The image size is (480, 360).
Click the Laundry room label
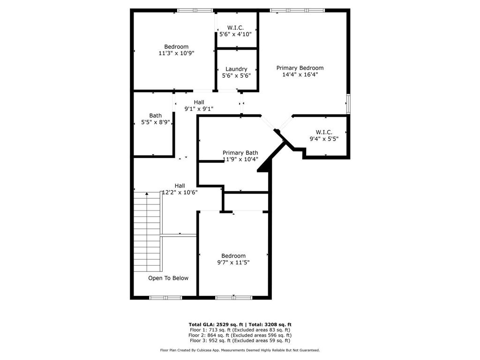click(236, 69)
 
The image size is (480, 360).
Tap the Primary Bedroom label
click(300, 68)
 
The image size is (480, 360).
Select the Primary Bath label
click(240, 153)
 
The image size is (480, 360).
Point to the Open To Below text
click(168, 278)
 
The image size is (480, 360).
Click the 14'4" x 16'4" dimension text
click(300, 75)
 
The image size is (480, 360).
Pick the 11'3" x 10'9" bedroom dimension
click(176, 53)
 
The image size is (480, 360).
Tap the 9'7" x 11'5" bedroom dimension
click(233, 262)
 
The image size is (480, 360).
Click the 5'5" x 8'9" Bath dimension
click(156, 122)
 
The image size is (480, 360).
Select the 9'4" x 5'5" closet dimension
click(324, 139)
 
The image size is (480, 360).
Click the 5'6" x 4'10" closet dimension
click(235, 34)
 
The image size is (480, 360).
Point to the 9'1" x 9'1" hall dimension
click(199, 109)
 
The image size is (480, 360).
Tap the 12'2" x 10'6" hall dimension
click(180, 192)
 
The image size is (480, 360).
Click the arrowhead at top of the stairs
click(147, 194)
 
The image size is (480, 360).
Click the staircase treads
click(147, 232)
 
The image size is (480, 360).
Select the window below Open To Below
click(165, 298)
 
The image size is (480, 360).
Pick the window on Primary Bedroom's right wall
click(348, 104)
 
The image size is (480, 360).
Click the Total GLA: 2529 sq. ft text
click(216, 324)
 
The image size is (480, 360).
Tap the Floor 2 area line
click(240, 335)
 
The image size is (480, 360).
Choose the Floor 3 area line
click(240, 340)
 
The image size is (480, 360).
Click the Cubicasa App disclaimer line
click(240, 350)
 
